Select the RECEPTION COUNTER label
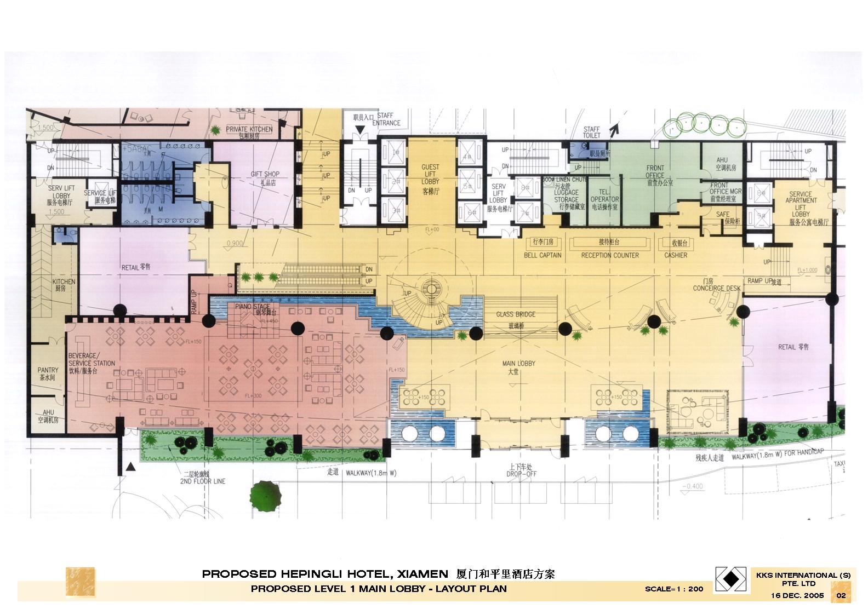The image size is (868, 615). (610, 255)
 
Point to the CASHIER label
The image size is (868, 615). (676, 255)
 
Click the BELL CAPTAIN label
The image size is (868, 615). (542, 255)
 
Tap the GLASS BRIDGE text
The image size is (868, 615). (516, 314)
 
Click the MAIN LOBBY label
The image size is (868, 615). (518, 364)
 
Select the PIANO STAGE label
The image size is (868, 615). (253, 307)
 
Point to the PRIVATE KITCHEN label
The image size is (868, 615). (249, 129)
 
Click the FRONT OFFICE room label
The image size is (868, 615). (655, 172)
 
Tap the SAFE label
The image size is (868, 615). (722, 214)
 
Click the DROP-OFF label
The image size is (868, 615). (521, 474)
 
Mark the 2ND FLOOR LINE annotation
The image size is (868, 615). (202, 481)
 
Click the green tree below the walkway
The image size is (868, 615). (267, 494)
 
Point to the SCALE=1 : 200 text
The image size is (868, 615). (673, 589)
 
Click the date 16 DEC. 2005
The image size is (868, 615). (797, 595)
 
